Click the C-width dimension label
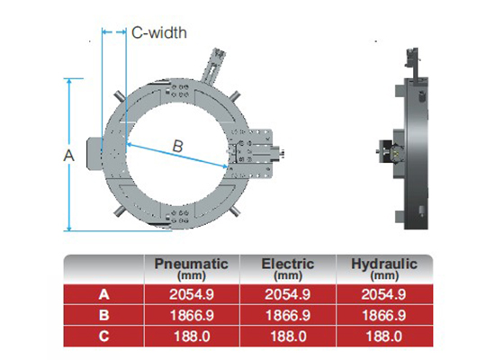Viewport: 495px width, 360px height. pos(159,32)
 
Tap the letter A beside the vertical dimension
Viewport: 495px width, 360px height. pos(67,155)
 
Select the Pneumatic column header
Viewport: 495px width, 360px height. pos(192,267)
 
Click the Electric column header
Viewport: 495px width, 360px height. pos(287,267)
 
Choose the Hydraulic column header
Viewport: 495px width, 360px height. pos(384,267)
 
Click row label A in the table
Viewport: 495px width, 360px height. pos(103,293)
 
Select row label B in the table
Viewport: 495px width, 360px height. pos(103,314)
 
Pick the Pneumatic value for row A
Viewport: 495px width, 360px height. pos(192,293)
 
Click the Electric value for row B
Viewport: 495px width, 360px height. pos(287,314)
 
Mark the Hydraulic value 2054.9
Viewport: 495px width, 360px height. pos(384,293)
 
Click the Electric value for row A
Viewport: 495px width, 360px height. pos(287,293)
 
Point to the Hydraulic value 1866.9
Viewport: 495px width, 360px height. pos(384,314)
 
